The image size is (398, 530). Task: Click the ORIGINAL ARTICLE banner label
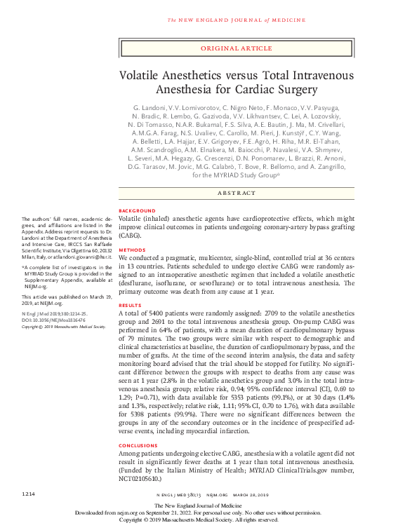pyautogui.click(x=236, y=48)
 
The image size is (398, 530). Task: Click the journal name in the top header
pyautogui.click(x=236, y=19)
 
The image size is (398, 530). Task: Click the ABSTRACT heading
pyautogui.click(x=236, y=191)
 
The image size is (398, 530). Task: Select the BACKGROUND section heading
pyautogui.click(x=137, y=210)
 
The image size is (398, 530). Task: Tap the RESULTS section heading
pyautogui.click(x=131, y=306)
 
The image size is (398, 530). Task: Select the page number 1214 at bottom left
pyautogui.click(x=29, y=495)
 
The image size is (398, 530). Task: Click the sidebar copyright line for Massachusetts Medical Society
pyautogui.click(x=63, y=327)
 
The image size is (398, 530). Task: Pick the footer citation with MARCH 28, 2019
pyautogui.click(x=236, y=496)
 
